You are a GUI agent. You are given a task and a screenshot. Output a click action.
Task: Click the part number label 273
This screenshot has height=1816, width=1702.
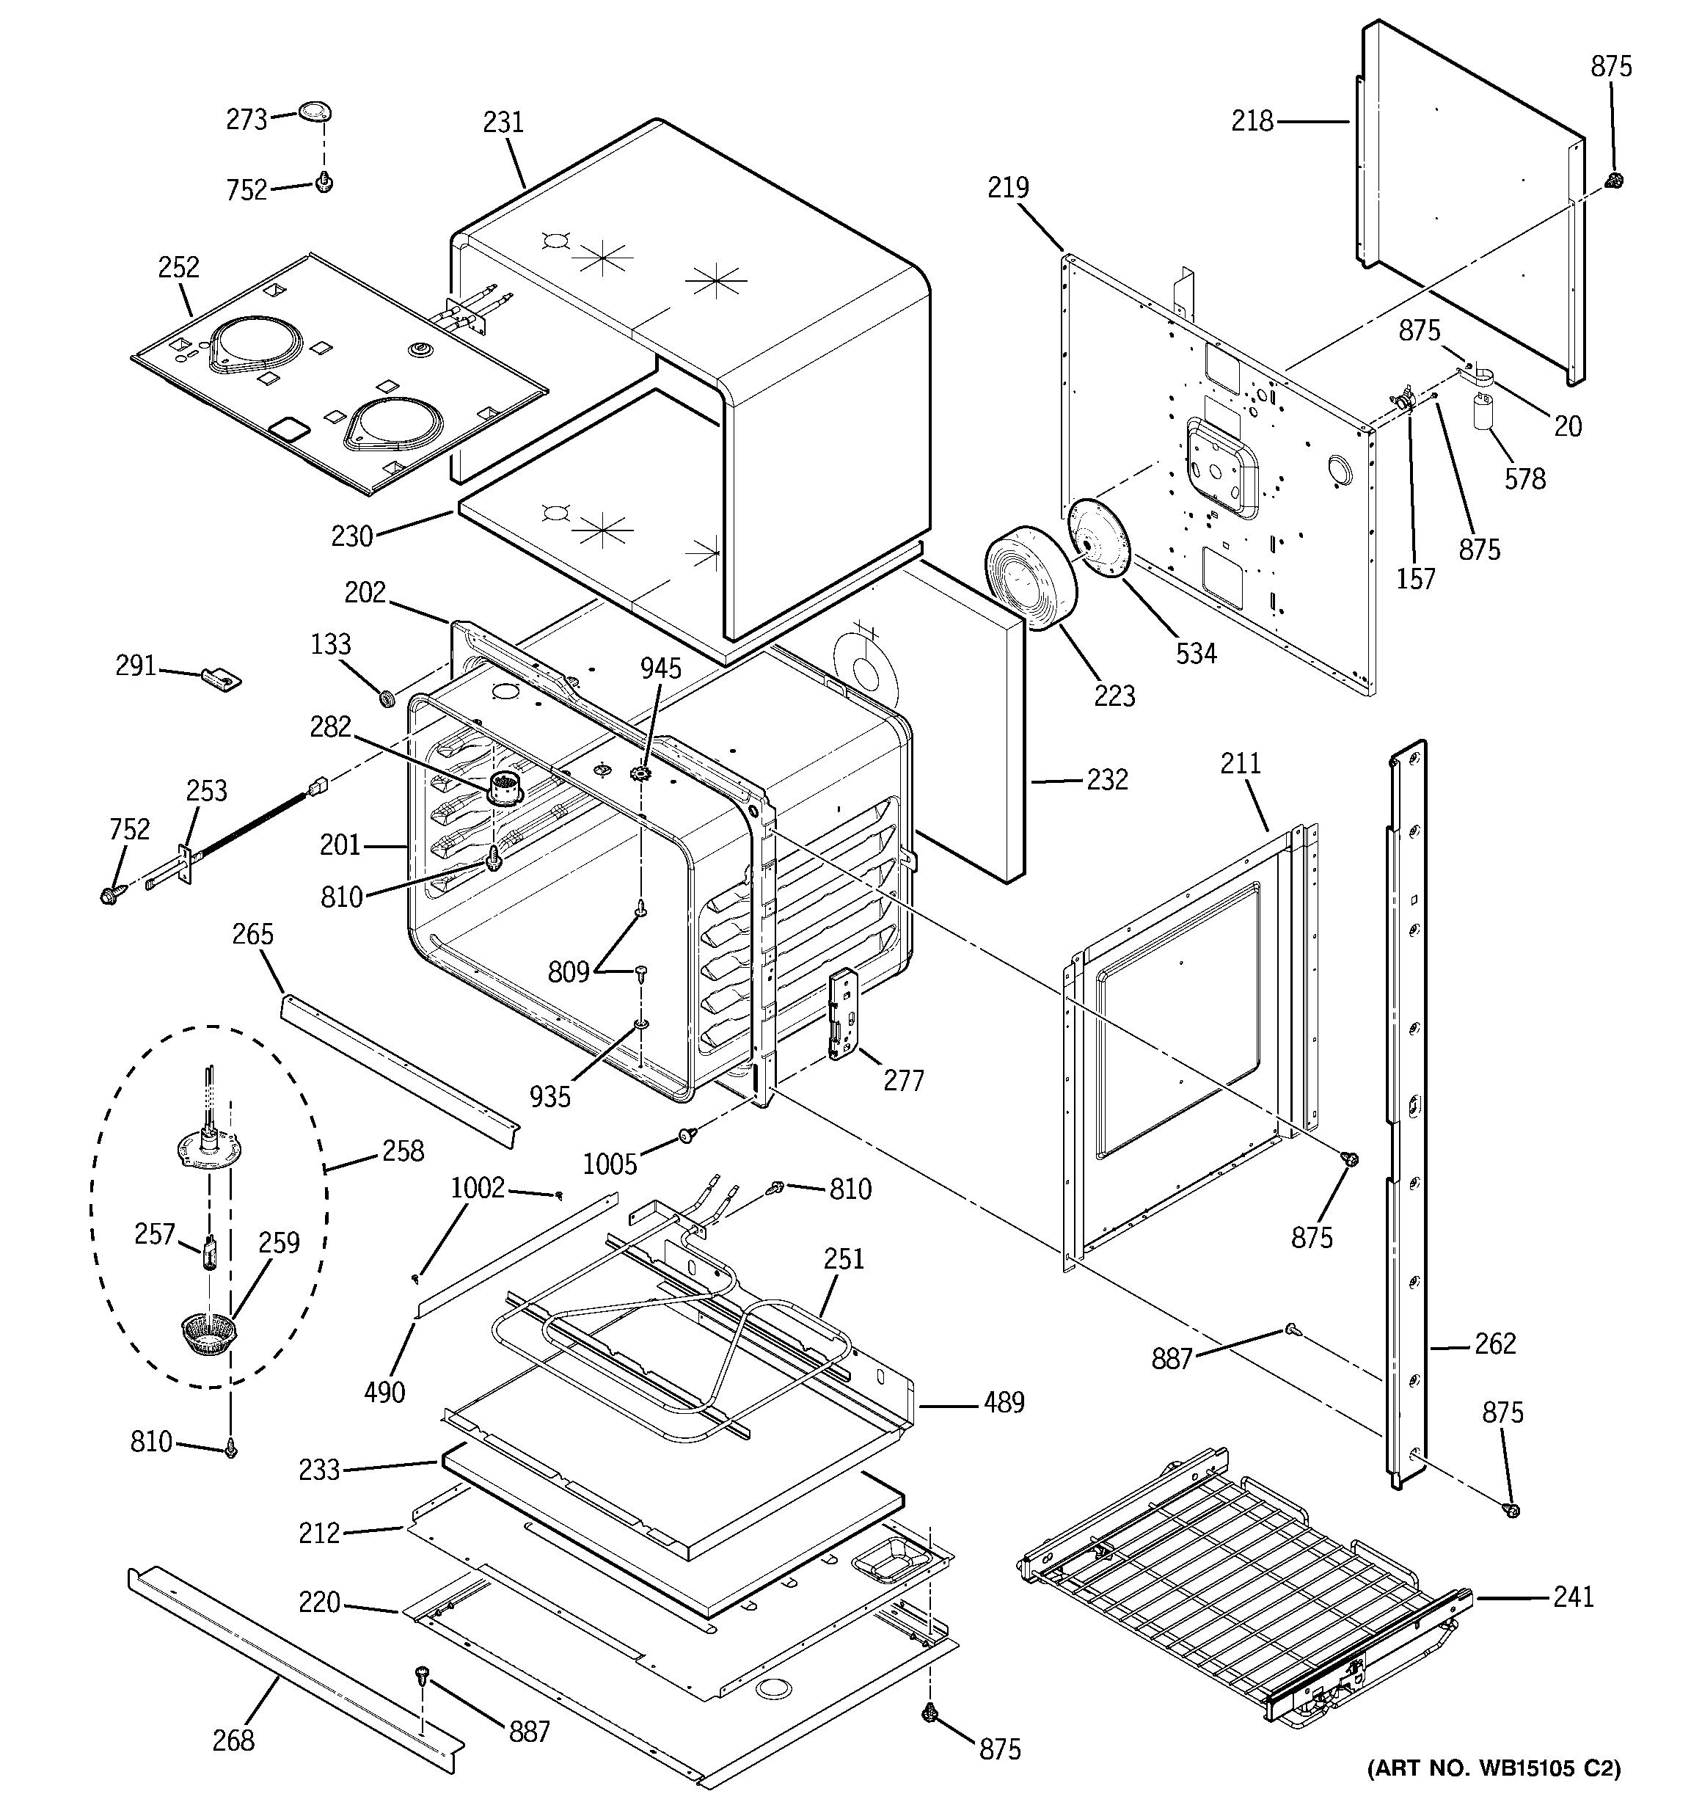point(246,120)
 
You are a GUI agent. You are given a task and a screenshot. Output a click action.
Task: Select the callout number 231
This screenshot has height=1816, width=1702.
point(503,122)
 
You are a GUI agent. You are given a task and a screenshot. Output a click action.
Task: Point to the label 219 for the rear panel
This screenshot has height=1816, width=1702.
point(1008,187)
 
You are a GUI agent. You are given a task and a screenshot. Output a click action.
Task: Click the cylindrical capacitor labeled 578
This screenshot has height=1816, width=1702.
point(1482,410)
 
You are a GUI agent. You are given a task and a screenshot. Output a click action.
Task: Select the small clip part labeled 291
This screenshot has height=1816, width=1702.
point(221,678)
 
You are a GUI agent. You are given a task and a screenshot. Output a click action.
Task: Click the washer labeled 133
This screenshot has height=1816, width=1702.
point(387,699)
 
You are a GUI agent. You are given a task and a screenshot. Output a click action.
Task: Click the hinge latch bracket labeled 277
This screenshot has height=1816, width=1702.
point(841,1014)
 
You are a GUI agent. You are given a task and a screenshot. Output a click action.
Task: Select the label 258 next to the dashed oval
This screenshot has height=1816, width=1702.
point(403,1151)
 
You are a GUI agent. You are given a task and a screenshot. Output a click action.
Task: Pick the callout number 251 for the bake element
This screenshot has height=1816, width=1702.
point(843,1259)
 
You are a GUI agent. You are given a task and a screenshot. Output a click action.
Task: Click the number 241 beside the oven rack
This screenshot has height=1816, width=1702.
point(1573,1597)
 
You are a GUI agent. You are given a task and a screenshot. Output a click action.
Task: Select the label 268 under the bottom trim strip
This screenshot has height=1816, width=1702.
point(233,1741)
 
